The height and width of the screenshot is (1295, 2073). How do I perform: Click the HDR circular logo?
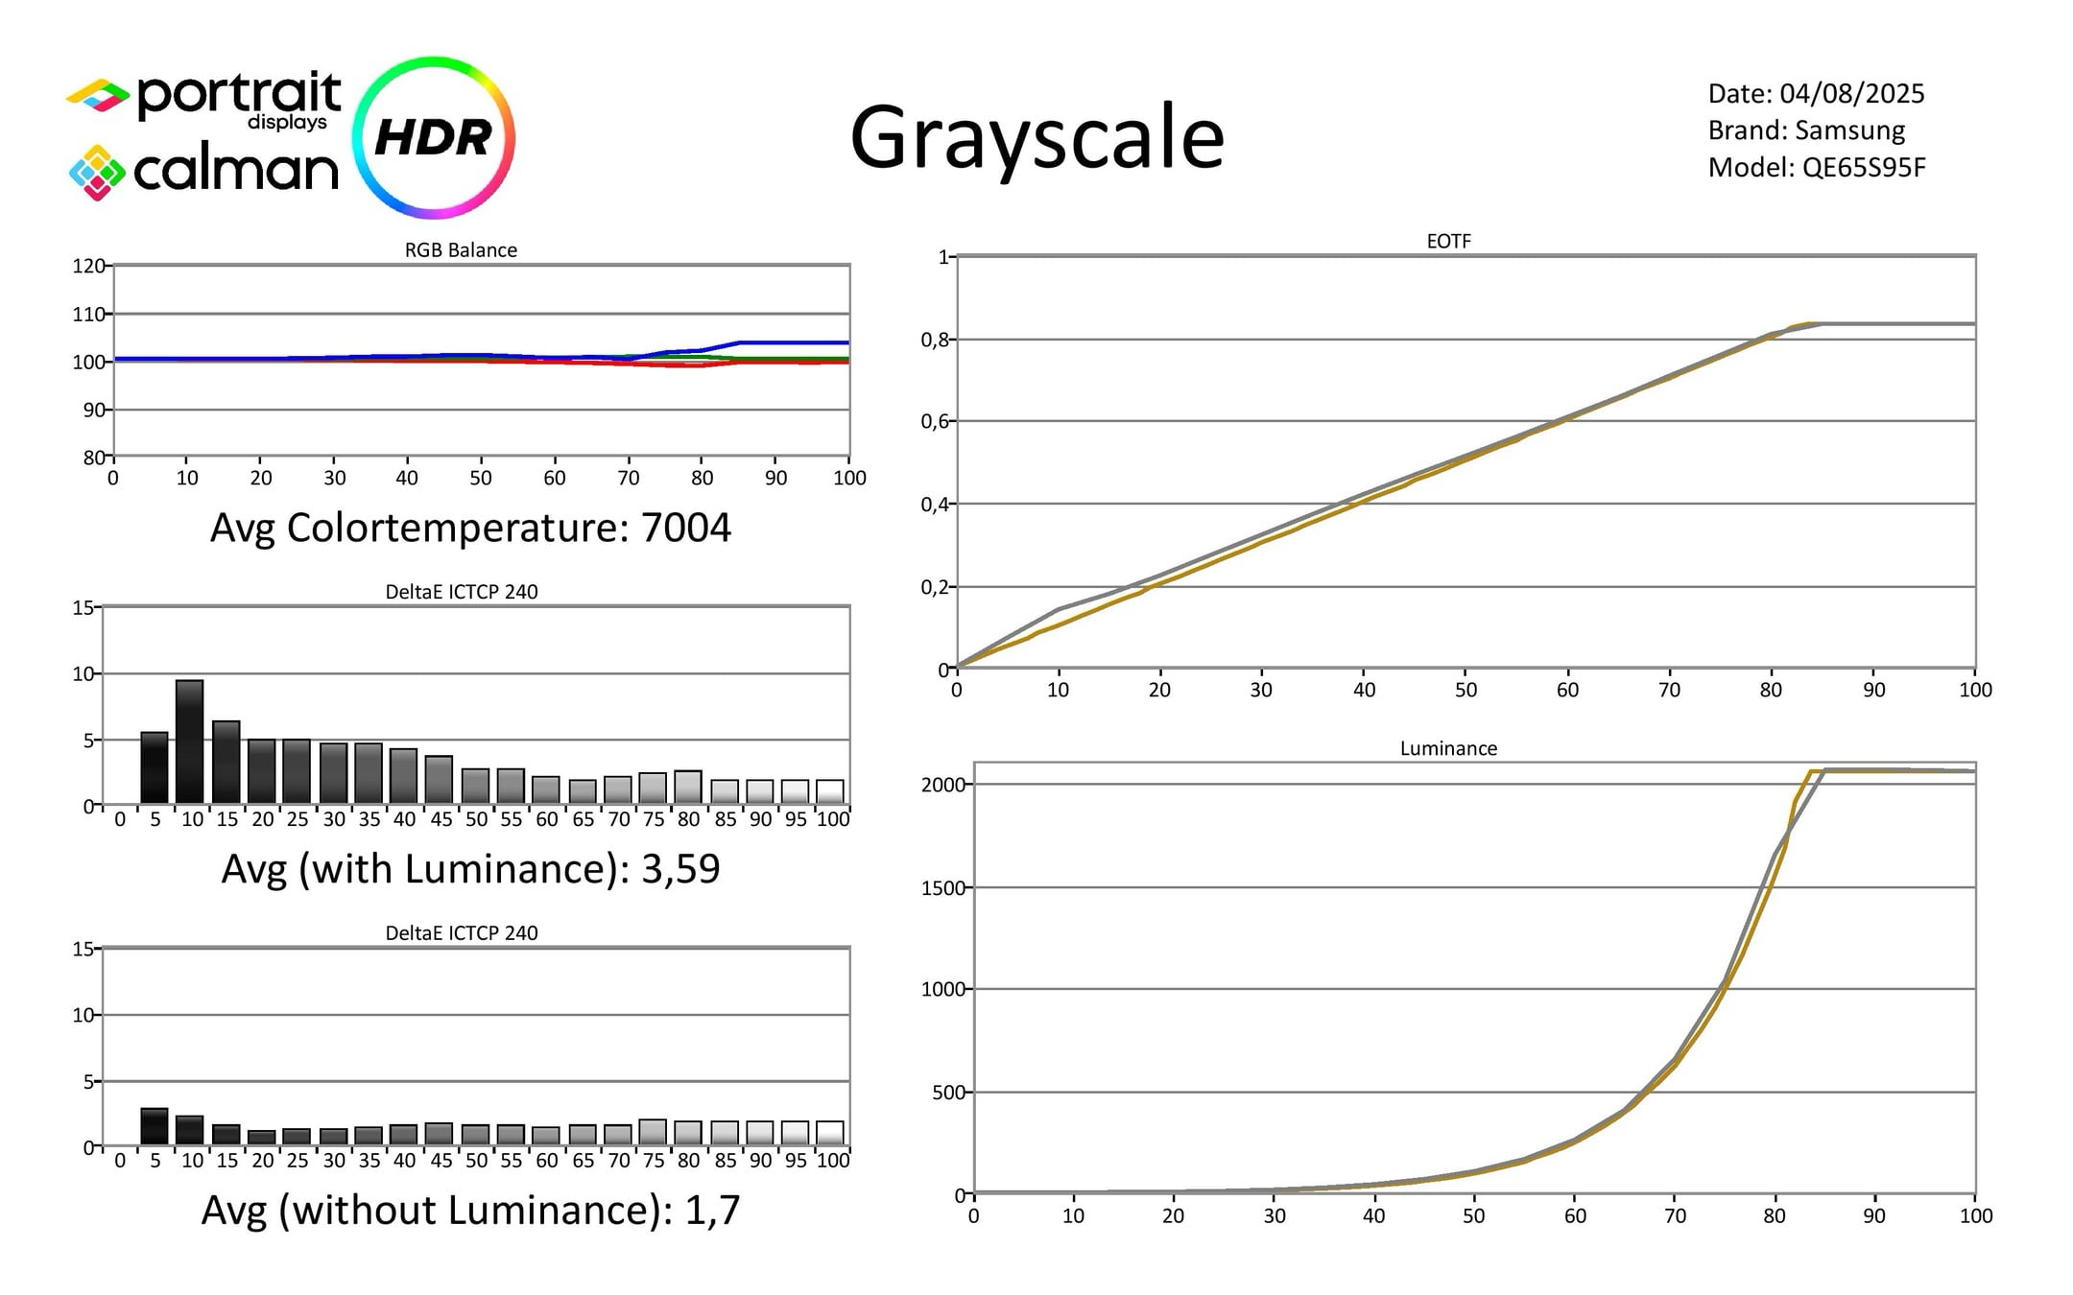tap(434, 137)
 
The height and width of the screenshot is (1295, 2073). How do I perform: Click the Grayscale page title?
tap(1036, 139)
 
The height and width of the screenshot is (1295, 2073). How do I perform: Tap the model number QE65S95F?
tap(1864, 168)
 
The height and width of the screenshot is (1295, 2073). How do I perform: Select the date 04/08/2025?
tap(1852, 93)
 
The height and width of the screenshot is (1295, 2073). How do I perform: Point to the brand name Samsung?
tap(1849, 130)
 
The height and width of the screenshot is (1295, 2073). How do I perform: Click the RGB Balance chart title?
tap(461, 249)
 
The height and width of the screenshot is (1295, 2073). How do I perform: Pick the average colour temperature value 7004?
tap(685, 528)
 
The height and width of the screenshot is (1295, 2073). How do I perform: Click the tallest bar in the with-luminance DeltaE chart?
tap(190, 742)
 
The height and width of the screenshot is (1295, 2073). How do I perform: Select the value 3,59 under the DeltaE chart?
tap(680, 869)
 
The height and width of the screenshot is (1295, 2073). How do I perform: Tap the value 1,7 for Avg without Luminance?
tap(712, 1211)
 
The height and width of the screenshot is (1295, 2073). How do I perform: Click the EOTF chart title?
tap(1448, 241)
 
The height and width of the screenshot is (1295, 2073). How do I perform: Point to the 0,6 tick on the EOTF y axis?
tap(935, 421)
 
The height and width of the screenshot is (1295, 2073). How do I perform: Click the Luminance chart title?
tap(1448, 748)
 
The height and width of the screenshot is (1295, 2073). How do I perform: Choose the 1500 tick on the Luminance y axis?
tap(942, 888)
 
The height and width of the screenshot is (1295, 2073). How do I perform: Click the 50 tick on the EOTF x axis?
tap(1465, 690)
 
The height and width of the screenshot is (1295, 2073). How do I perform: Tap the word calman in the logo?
tap(236, 171)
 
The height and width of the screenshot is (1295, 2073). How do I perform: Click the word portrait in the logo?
tap(239, 95)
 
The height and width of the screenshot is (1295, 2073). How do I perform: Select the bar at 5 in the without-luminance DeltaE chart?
tap(155, 1127)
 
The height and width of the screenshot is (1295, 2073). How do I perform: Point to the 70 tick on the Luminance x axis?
tap(1675, 1215)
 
